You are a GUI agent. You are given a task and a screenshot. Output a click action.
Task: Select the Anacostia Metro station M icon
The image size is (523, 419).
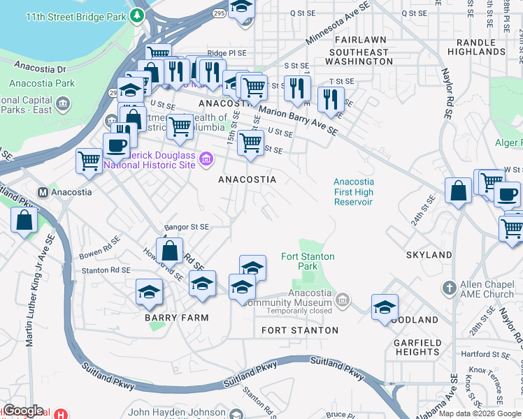[43, 192]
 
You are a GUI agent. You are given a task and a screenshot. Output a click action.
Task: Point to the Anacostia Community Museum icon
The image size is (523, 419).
[342, 300]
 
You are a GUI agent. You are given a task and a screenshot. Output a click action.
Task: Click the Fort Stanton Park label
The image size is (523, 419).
[308, 262]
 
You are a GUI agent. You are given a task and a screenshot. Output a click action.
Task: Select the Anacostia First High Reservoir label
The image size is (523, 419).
[353, 192]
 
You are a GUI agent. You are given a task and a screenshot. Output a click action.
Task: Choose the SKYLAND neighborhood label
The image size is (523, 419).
[429, 255]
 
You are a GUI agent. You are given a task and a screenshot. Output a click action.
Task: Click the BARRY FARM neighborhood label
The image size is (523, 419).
[176, 318]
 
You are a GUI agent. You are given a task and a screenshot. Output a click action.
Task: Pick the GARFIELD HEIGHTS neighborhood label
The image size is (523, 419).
[417, 347]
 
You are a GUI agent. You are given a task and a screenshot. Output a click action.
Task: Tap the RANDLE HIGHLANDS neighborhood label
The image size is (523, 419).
[475, 47]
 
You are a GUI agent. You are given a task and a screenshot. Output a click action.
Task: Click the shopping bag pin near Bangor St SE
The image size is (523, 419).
[169, 250]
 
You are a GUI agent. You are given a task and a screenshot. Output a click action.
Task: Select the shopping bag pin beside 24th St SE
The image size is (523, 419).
[457, 191]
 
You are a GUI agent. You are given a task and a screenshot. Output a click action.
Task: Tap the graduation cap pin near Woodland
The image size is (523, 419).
[385, 307]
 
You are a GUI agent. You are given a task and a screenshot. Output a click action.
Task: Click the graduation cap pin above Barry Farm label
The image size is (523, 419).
[149, 291]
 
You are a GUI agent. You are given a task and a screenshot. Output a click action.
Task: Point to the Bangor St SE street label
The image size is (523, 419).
[187, 227]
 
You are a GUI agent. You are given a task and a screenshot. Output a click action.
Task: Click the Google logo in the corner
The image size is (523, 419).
[23, 411]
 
